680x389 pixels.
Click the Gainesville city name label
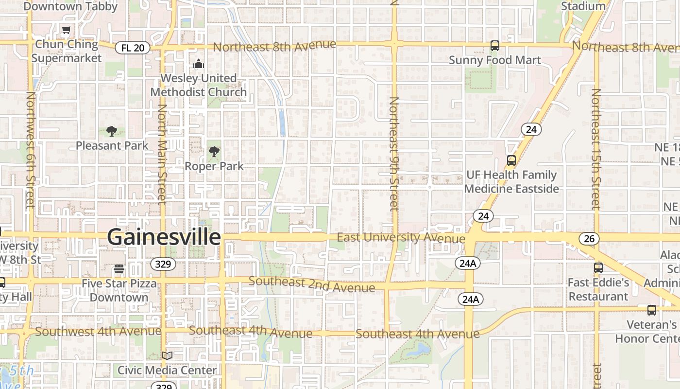pos(164,237)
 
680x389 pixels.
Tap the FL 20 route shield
pos(132,48)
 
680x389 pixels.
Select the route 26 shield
pos(589,239)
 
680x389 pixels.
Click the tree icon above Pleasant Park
pos(112,131)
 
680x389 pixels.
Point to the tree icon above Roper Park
pos(214,152)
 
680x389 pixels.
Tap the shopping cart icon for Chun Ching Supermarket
pos(67,30)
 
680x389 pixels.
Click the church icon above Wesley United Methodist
pos(198,64)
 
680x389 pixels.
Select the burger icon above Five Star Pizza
pos(119,269)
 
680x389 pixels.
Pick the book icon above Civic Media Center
pos(167,356)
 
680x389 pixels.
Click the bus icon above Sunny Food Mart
pos(494,46)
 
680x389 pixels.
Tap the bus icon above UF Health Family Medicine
pos(511,160)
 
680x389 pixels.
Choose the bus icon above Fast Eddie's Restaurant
pos(598,268)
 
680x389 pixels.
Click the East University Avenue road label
pos(401,238)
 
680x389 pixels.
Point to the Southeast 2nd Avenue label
pos(311,284)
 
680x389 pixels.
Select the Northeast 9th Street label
pos(394,154)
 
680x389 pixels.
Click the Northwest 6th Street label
pos(31,149)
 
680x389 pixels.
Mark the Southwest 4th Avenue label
pos(98,332)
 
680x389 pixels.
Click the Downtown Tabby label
pos(70,6)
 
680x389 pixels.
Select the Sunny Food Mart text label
pos(494,60)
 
